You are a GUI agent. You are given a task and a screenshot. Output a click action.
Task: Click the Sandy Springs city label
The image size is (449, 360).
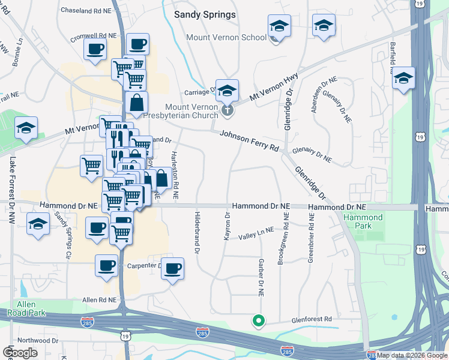[205, 14]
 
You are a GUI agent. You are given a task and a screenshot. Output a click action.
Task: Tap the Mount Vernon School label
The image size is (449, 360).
[226, 37]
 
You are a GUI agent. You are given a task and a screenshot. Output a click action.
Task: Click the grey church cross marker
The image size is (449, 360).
[227, 109]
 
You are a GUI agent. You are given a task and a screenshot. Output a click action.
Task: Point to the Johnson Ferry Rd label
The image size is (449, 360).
[250, 142]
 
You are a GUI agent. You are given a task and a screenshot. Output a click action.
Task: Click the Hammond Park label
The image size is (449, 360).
[363, 221]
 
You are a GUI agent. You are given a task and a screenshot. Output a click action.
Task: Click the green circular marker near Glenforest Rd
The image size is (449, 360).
[259, 321]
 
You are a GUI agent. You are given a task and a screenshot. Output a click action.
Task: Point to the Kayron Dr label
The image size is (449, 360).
[227, 226]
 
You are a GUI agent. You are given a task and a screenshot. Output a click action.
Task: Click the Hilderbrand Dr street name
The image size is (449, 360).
[197, 233]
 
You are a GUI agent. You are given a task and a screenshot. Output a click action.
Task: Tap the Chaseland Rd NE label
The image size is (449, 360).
[87, 11]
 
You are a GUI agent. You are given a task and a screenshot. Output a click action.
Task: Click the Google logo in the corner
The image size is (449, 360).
[20, 352]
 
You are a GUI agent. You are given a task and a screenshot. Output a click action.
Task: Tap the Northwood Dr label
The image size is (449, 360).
[38, 340]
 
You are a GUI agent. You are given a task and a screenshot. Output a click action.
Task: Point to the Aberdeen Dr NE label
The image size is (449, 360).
[318, 100]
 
